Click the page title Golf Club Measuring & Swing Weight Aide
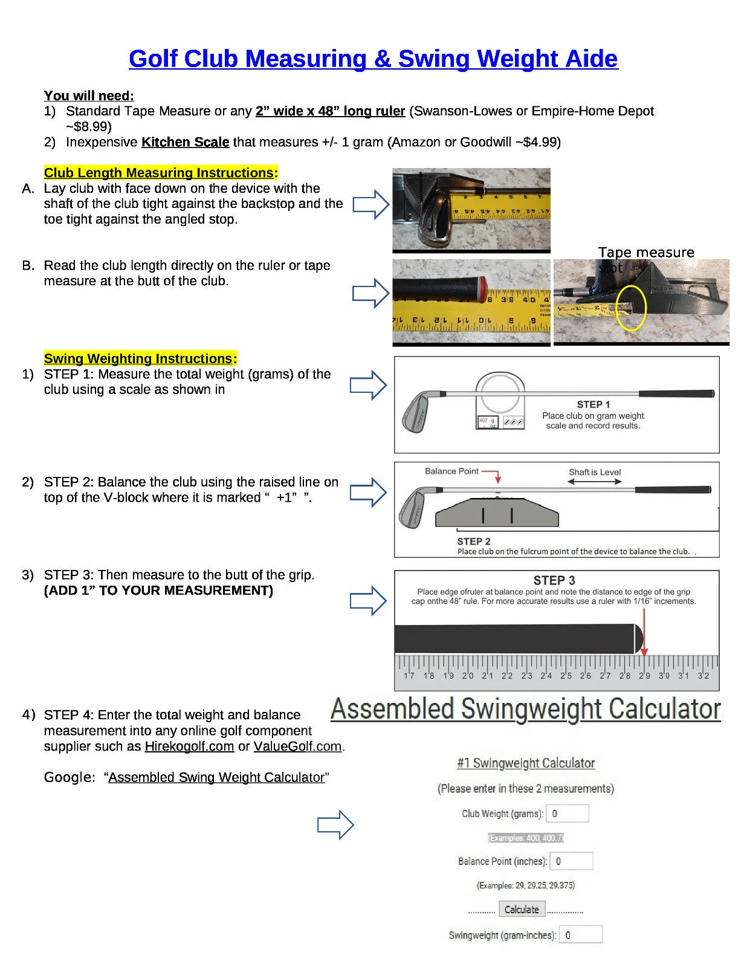[x=373, y=59]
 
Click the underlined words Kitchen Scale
[x=185, y=142]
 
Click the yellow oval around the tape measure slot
[x=631, y=308]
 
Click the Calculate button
[x=522, y=910]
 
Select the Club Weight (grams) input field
[x=567, y=813]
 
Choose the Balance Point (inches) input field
[x=571, y=861]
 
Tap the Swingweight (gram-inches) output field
[x=580, y=935]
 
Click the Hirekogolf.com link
[x=189, y=746]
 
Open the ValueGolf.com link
[x=297, y=746]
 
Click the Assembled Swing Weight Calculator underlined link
[x=216, y=778]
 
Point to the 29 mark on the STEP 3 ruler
[x=644, y=676]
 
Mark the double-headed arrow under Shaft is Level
[x=594, y=482]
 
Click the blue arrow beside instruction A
[x=370, y=204]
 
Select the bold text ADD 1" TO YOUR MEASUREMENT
[x=158, y=590]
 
